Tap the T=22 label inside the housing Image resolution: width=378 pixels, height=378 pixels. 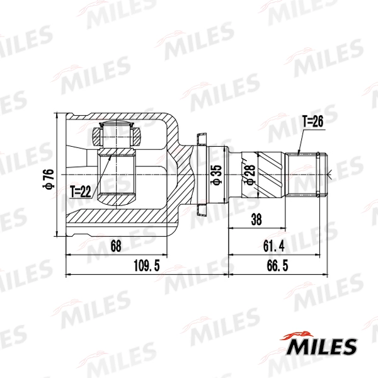[81, 190]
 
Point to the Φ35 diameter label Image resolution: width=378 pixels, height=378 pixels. [215, 174]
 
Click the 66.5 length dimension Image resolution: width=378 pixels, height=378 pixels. [277, 266]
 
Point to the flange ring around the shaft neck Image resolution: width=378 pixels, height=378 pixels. [201, 174]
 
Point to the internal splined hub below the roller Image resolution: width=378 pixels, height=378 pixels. [118, 176]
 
